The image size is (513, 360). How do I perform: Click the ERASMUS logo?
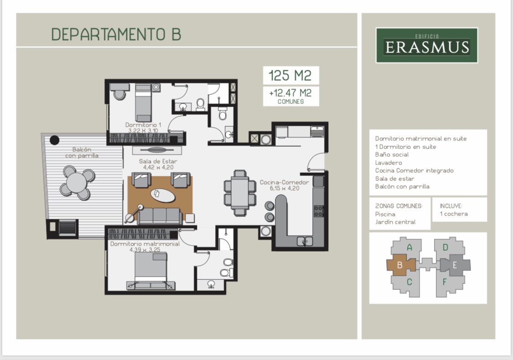[426, 45]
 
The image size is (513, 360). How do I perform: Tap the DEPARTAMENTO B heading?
[116, 35]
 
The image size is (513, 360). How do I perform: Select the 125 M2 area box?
[290, 75]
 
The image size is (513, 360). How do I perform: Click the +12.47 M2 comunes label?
[290, 96]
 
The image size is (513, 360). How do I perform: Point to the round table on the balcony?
[77, 182]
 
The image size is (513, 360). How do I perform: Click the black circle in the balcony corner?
[54, 140]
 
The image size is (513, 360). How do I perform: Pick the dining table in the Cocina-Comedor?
[240, 192]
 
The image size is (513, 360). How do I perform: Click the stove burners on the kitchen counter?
[318, 211]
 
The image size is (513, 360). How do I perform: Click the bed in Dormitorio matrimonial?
[150, 271]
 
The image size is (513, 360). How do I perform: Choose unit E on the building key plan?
[455, 265]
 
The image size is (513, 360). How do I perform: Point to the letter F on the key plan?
[445, 282]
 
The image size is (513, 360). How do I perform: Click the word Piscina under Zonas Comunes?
[385, 214]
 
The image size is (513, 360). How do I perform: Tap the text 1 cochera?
[453, 214]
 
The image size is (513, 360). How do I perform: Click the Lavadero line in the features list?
[388, 162]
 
